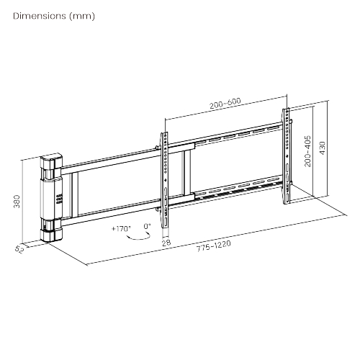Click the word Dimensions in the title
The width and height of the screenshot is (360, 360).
point(40,16)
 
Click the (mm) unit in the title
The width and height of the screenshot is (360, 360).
point(82,16)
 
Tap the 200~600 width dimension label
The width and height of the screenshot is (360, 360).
point(225,103)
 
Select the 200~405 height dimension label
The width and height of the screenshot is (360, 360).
point(307,151)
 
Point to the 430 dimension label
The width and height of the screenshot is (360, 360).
point(323,148)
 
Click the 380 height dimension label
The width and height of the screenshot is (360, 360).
point(17,202)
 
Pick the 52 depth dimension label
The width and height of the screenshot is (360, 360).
point(19,249)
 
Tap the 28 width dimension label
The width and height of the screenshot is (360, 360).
point(166,243)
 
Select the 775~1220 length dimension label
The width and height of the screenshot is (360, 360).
point(214,246)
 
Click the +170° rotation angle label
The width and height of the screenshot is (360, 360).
point(121,228)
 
